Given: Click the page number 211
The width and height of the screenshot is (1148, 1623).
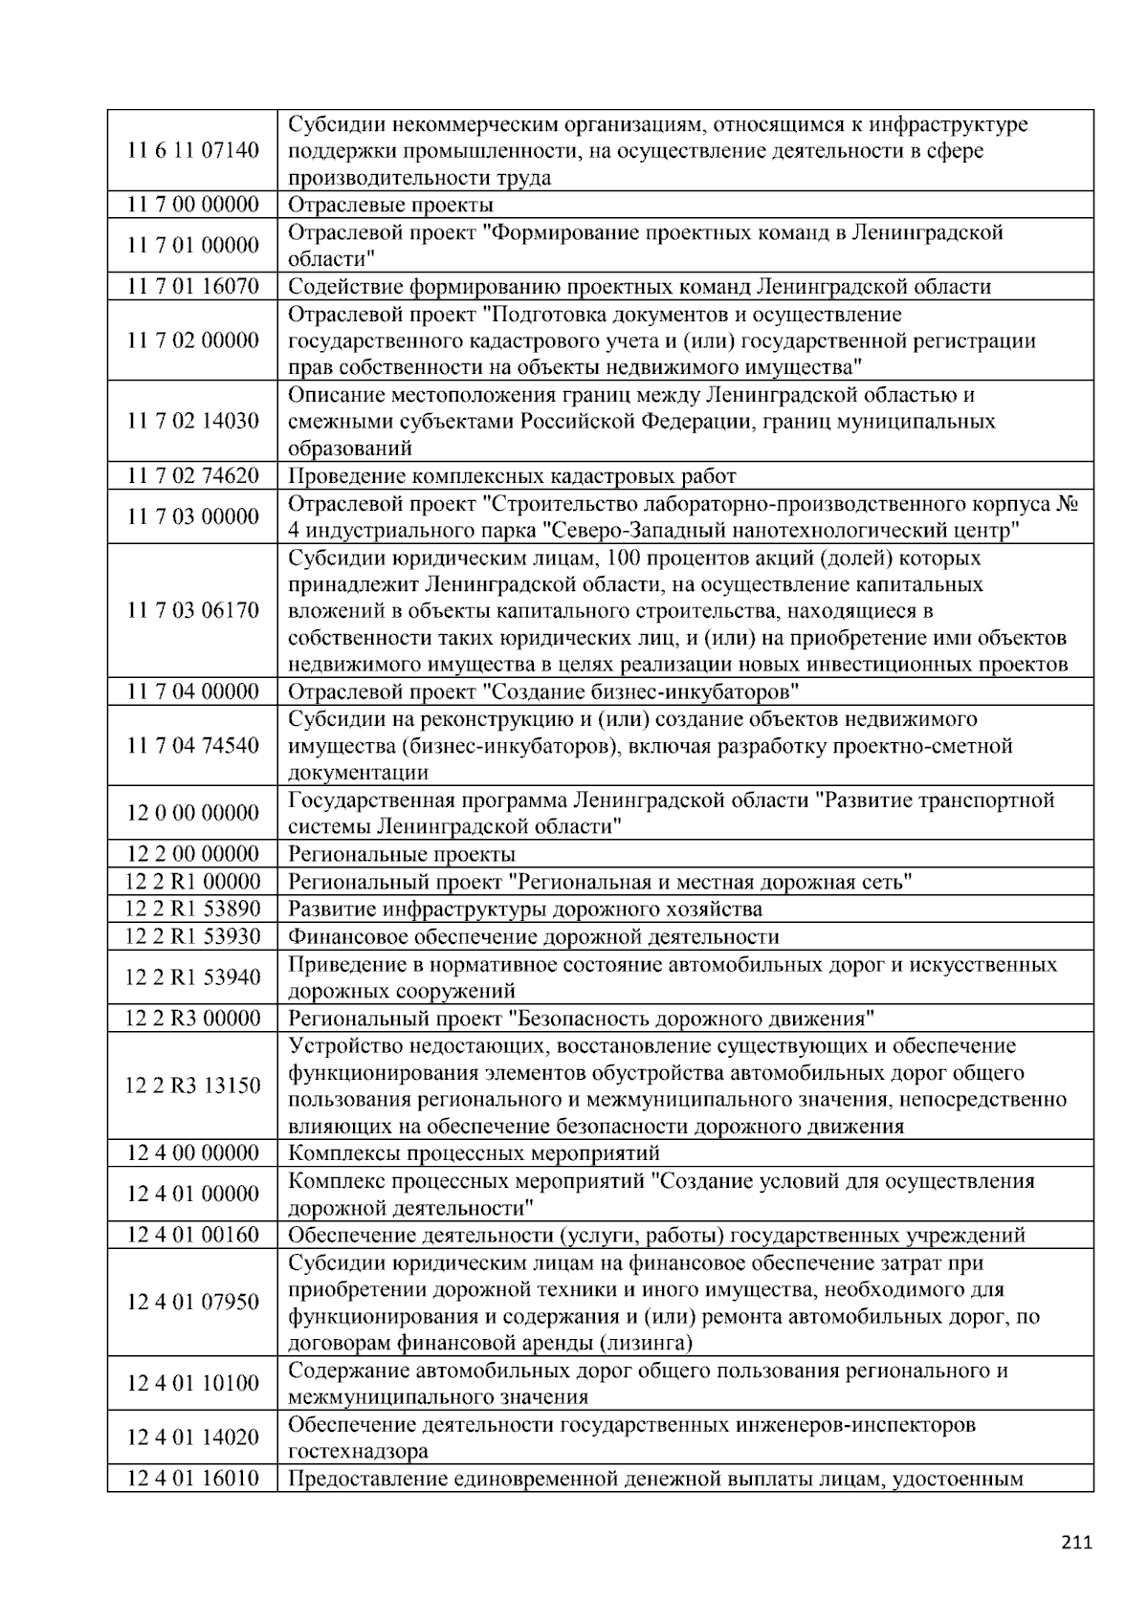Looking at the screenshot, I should (x=1076, y=1542).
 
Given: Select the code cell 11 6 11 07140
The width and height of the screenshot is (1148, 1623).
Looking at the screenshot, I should (x=192, y=151).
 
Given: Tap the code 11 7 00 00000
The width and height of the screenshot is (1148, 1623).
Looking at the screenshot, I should (x=192, y=205).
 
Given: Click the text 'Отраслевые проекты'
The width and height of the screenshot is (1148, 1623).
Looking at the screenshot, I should (x=390, y=205).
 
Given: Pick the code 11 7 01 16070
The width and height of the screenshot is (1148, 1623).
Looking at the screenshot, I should (x=192, y=286).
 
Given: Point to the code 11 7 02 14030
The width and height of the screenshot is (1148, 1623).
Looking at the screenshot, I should (x=192, y=422).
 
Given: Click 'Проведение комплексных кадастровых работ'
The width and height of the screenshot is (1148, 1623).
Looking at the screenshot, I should (x=512, y=476).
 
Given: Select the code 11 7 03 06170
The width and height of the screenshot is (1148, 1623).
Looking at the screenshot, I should (x=192, y=611).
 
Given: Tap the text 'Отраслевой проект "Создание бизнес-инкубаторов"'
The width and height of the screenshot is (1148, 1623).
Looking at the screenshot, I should (x=543, y=691).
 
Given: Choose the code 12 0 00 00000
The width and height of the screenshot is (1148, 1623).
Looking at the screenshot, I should (x=192, y=813).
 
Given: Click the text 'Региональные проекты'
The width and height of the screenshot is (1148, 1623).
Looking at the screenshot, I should (x=401, y=854).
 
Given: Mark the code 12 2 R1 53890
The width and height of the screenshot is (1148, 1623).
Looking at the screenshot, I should (x=192, y=909).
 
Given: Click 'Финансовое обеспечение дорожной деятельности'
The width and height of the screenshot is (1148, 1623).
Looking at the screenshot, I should (x=533, y=936).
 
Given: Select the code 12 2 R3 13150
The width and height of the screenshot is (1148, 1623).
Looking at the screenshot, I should (x=192, y=1086).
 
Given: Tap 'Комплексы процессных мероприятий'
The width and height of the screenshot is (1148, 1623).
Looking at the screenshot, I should (x=474, y=1153).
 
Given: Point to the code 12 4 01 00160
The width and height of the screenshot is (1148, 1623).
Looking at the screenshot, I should (x=192, y=1235).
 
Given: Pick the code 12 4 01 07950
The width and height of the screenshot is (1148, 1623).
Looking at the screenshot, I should (x=192, y=1303).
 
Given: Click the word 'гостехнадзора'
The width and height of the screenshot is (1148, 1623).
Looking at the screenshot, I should (x=358, y=1452).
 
